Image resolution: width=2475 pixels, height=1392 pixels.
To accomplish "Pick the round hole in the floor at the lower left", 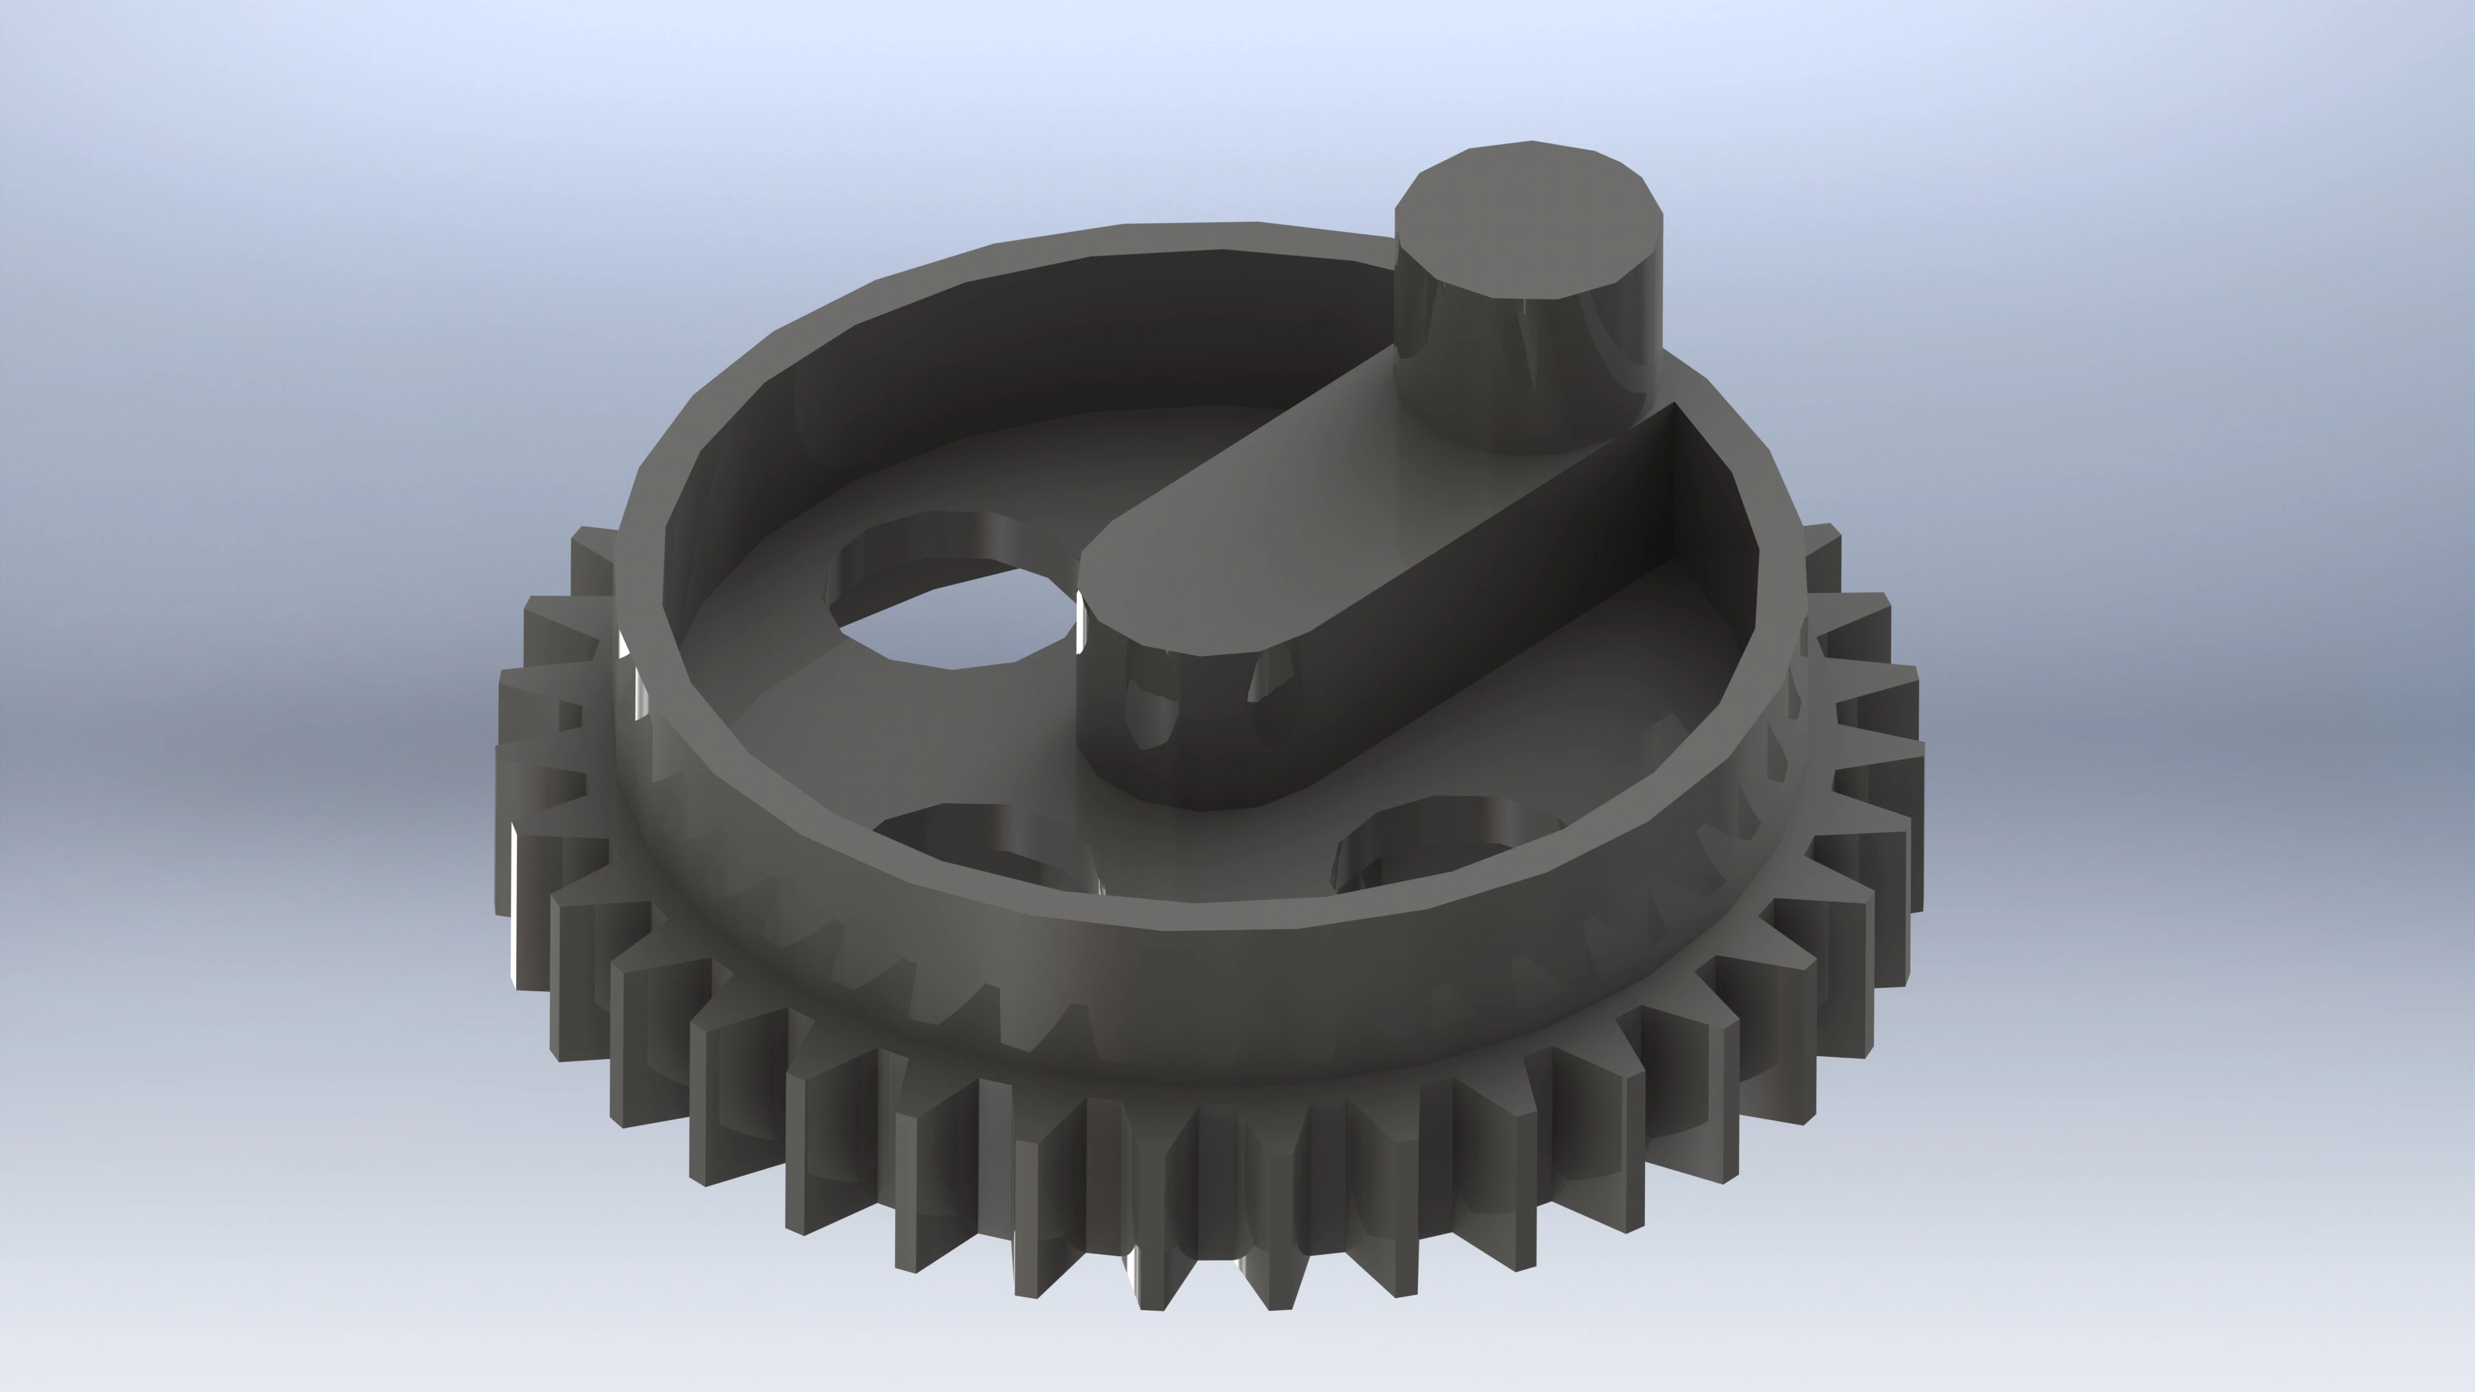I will (980, 846).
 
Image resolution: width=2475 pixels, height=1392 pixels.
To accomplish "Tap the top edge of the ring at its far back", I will (1191, 235).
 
